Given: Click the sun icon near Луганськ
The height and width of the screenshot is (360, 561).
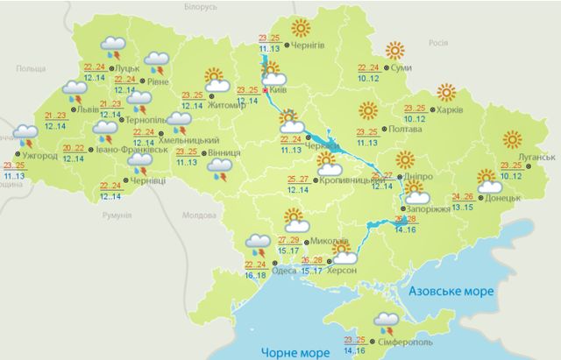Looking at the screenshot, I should click(x=511, y=139).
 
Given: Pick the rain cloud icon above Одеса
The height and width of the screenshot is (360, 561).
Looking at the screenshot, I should click(x=258, y=242).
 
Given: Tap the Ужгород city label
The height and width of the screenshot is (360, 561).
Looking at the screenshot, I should click(x=40, y=158).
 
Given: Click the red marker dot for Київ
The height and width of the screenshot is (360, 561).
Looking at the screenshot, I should click(x=266, y=89).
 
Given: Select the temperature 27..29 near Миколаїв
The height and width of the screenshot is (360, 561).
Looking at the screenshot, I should click(x=288, y=239).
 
